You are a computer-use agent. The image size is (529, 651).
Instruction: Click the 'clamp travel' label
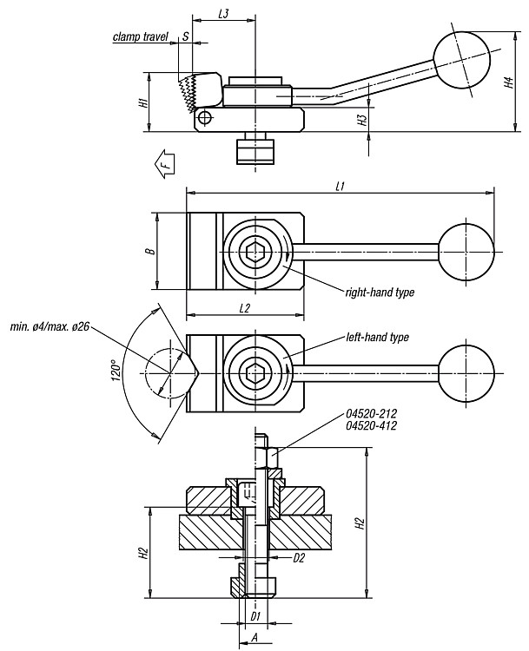(141, 37)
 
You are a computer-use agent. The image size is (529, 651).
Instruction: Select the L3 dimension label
(223, 14)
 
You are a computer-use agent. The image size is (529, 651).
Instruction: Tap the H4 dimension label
(509, 82)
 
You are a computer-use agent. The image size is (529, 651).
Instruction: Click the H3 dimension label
(362, 121)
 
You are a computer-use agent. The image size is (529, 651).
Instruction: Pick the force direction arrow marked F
(164, 164)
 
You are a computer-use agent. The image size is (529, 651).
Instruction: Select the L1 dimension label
(340, 187)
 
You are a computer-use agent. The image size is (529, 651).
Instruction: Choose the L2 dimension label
(244, 308)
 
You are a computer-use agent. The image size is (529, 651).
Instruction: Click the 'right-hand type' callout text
(380, 293)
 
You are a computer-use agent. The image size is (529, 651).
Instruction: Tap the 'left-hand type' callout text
(377, 337)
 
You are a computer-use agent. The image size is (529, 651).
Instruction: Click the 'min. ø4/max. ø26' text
(50, 327)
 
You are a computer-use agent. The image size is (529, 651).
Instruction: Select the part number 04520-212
(371, 413)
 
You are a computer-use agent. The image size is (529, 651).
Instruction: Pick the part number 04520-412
(371, 425)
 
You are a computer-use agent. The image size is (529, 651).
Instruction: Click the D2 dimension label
(299, 558)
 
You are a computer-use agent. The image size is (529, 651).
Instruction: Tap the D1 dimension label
(255, 615)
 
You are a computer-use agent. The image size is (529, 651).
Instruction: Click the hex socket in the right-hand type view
(255, 251)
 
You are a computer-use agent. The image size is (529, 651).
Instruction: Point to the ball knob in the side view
(461, 60)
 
